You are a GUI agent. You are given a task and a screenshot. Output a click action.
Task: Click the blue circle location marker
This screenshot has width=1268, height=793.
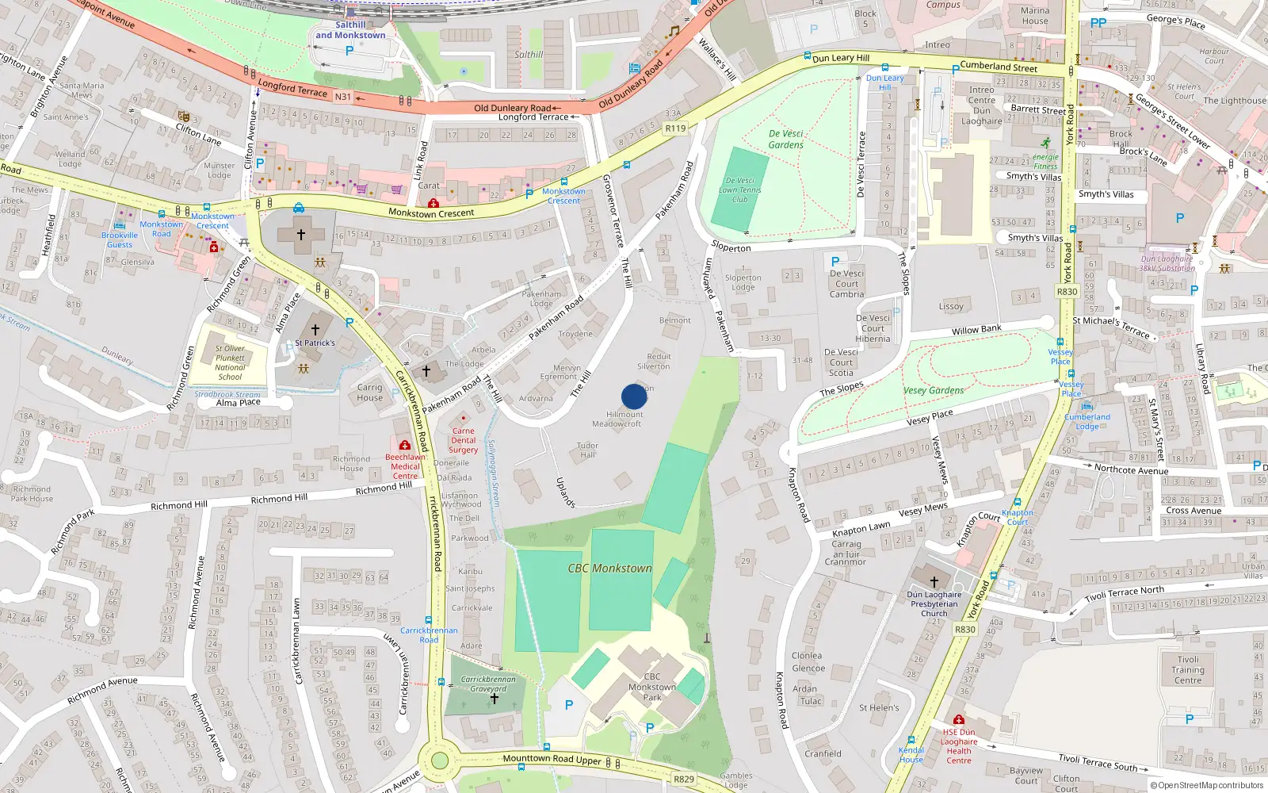click(x=634, y=396)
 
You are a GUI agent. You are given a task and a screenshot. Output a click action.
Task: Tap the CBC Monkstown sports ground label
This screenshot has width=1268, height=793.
click(x=609, y=569)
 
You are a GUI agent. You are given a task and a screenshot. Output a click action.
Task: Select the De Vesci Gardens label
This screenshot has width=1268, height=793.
click(x=786, y=140)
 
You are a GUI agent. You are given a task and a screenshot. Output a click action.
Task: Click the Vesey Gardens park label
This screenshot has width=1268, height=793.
click(x=934, y=390)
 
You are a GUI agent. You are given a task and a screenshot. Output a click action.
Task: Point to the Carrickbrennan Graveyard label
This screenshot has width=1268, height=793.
click(x=488, y=684)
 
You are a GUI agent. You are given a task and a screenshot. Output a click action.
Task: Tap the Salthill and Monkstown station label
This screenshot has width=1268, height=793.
click(x=350, y=30)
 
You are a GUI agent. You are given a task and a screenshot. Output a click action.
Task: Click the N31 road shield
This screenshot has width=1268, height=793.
click(x=342, y=97)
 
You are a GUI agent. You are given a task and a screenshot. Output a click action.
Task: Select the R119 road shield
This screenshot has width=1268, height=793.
click(x=675, y=128)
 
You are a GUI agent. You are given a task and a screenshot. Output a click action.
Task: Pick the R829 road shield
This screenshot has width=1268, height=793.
click(x=683, y=779)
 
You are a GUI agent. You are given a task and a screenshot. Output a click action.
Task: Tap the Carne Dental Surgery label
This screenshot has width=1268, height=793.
click(x=464, y=440)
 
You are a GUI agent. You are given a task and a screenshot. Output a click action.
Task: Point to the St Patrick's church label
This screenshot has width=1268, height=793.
click(x=315, y=343)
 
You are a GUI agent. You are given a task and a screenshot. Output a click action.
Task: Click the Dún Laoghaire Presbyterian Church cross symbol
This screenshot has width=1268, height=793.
click(x=934, y=581)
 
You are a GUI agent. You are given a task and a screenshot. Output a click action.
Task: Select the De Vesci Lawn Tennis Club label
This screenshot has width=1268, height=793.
click(x=739, y=190)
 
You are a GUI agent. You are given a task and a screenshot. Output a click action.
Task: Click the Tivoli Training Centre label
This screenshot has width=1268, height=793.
click(x=1188, y=670)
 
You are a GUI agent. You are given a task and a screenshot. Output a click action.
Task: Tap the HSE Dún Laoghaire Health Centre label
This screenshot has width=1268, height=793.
click(x=959, y=746)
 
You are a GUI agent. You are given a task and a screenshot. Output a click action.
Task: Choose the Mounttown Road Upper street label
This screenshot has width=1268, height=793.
click(x=552, y=760)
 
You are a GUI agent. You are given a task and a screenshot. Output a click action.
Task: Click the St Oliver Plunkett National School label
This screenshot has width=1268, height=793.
click(x=230, y=362)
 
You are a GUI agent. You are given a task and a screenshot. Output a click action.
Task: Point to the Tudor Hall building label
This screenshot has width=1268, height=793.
click(x=587, y=450)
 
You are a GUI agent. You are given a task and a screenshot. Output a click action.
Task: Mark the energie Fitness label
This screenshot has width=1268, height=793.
click(x=1045, y=162)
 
